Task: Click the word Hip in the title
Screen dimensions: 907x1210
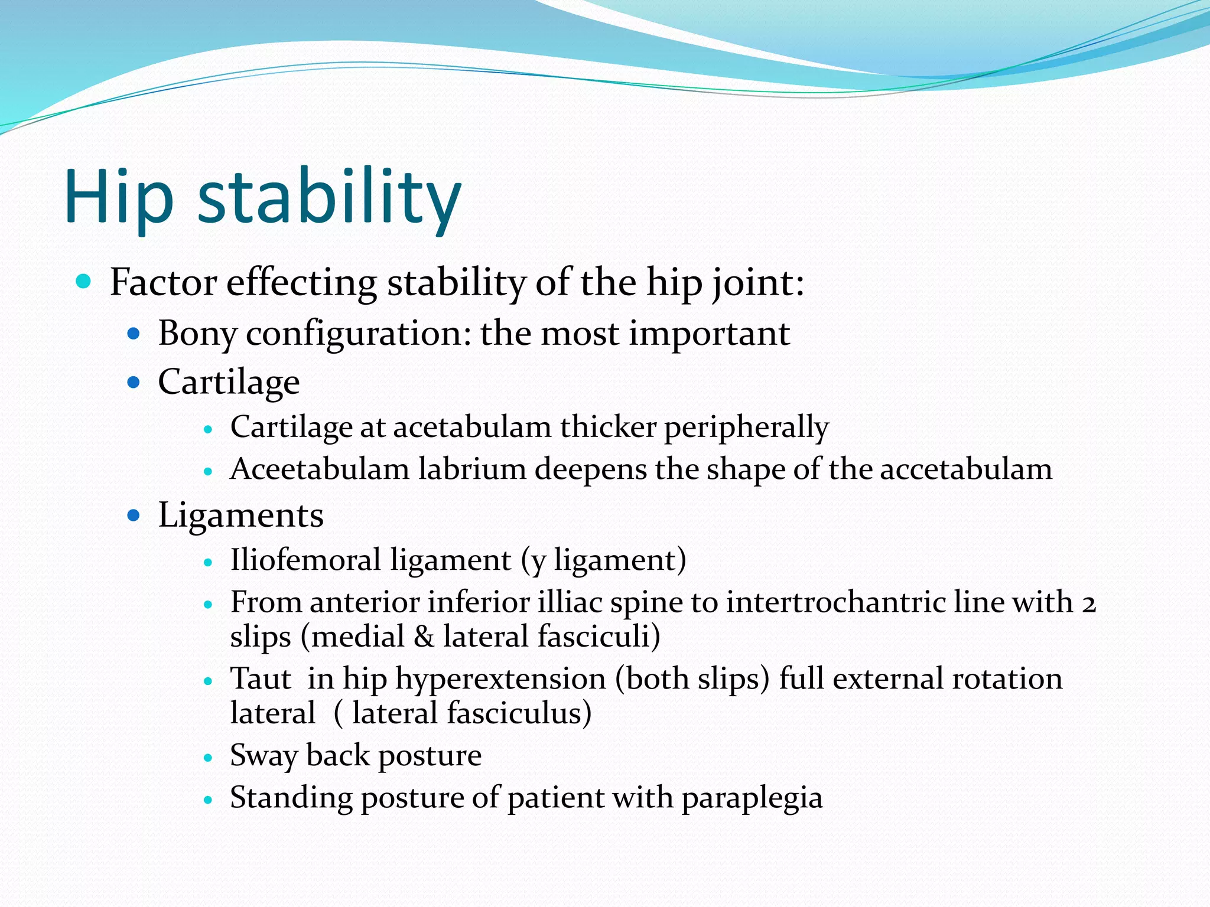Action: [x=119, y=197]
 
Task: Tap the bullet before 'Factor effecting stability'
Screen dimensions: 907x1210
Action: [x=84, y=281]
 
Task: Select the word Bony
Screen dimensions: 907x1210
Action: [x=197, y=334]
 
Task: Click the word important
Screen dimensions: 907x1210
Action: [x=709, y=334]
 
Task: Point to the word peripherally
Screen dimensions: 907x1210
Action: [x=746, y=427]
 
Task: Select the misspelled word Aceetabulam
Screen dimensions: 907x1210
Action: [x=319, y=469]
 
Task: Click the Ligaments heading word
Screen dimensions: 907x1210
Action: [x=241, y=516]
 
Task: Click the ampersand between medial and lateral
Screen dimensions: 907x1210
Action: [x=424, y=637]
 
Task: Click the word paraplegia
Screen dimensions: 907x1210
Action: [x=752, y=798]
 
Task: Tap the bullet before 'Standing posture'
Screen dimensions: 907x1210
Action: [x=207, y=800]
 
